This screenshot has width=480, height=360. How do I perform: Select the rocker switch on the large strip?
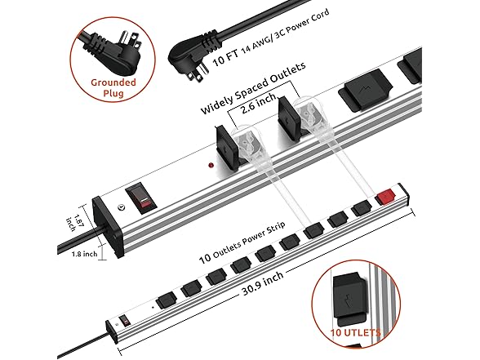pos(141,198)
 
